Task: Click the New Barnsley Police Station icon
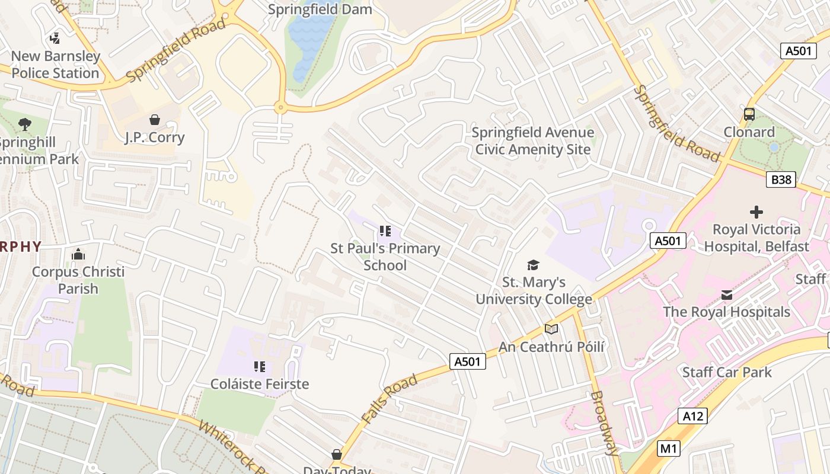pos(55,39)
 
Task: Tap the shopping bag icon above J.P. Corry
pos(155,120)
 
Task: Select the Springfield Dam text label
pos(320,9)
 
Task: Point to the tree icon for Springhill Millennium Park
pos(25,124)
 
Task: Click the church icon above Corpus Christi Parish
pos(78,255)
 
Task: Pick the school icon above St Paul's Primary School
pos(385,231)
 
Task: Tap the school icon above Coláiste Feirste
pos(260,367)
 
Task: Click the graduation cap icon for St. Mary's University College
pos(534,265)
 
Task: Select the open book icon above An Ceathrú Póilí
pos(551,329)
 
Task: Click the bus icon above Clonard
pos(749,114)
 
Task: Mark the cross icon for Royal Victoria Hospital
pos(756,212)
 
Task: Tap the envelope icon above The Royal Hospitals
pos(726,294)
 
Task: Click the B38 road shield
pos(780,180)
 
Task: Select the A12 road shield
pos(692,416)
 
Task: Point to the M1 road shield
pos(669,449)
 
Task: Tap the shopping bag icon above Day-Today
pos(337,454)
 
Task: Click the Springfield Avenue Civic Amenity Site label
pos(533,140)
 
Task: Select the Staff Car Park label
pos(727,372)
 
